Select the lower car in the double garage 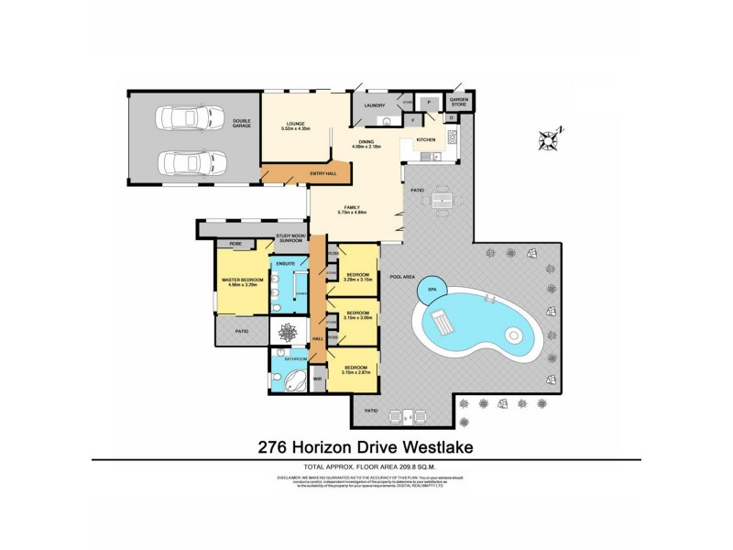point(191,163)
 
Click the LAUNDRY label point(375,105)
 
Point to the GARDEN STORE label point(457,104)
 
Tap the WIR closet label point(317,377)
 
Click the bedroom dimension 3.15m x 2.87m point(356,372)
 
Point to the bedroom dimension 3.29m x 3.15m point(357,280)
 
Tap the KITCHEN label point(427,139)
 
